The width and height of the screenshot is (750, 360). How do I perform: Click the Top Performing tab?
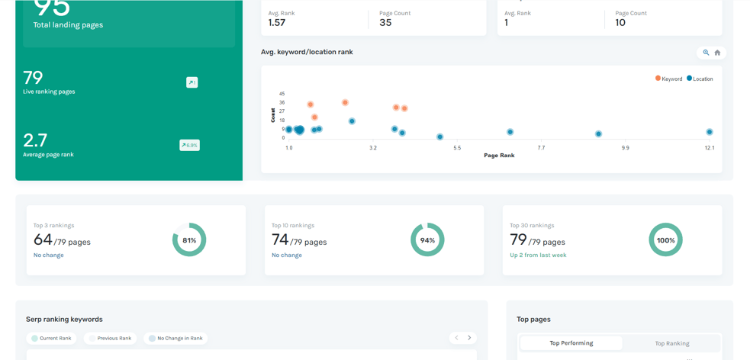(x=571, y=343)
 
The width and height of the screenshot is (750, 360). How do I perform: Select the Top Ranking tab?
(x=671, y=343)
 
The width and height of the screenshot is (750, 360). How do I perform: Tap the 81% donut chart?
(x=189, y=239)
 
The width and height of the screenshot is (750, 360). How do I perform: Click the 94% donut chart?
(x=427, y=239)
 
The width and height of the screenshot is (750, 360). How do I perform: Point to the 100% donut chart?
(x=665, y=239)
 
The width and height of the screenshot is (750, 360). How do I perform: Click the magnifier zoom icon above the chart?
(x=706, y=53)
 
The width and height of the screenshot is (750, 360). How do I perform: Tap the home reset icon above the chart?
(x=717, y=53)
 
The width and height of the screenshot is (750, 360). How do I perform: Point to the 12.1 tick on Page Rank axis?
(x=709, y=148)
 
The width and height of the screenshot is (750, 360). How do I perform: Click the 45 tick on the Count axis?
(x=282, y=94)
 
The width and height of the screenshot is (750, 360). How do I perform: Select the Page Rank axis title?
(x=499, y=156)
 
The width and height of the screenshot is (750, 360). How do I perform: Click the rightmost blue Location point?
(x=709, y=132)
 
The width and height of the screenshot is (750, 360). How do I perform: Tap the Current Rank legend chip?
(x=51, y=338)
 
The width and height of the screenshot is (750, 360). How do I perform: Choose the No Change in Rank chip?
(x=175, y=338)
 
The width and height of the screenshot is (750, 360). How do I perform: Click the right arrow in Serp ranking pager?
(x=469, y=338)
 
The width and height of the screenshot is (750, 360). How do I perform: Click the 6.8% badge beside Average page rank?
(x=189, y=145)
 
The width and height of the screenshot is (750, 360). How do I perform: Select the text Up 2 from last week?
(x=538, y=255)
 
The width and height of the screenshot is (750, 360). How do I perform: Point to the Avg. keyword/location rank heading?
(x=307, y=52)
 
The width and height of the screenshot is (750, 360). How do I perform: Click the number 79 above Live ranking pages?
(x=33, y=78)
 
